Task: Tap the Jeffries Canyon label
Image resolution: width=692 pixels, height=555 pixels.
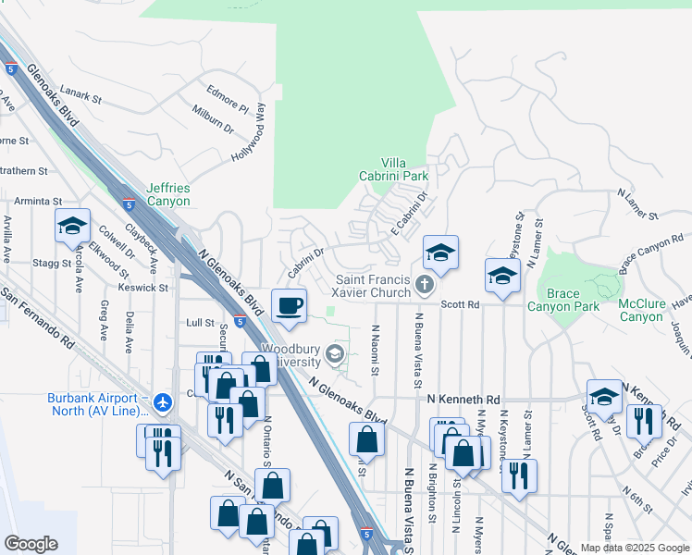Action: [x=167, y=194]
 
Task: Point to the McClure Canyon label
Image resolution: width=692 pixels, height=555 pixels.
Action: [x=641, y=310]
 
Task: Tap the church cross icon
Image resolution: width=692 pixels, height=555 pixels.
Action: [x=425, y=285]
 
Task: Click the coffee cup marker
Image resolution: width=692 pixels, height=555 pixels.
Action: [x=290, y=304]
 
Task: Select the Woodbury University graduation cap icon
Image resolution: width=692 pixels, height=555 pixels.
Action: [x=335, y=353]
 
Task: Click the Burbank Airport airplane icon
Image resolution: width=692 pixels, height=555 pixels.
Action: [x=164, y=401]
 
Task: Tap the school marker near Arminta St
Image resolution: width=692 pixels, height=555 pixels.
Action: [x=72, y=226]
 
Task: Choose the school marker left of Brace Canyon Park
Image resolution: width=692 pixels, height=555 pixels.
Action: [x=502, y=276]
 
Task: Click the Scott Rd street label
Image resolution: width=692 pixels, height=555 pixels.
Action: [x=460, y=304]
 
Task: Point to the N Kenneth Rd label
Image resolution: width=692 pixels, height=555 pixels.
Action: [x=463, y=396]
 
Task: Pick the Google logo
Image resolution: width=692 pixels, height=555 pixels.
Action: [x=31, y=544]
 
